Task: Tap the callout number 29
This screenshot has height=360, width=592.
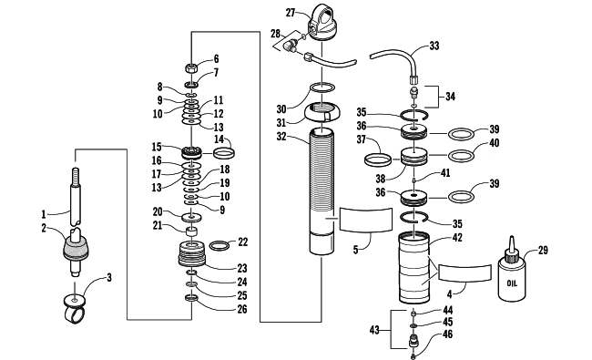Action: pos(543,250)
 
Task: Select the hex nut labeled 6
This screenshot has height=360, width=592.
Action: pos(191,68)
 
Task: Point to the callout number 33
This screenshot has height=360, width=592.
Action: pos(434,46)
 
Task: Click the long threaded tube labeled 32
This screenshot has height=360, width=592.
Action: pos(322,190)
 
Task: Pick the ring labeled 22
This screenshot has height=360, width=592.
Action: pos(219,245)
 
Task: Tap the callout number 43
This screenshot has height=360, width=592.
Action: pos(374,330)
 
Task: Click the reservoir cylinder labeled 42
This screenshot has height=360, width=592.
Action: pos(414,267)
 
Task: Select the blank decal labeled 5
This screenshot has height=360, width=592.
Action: pos(366,219)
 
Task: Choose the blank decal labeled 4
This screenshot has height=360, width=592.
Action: pos(464,273)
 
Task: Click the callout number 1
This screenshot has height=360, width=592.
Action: pos(44,214)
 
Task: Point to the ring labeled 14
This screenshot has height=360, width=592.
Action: pos(224,153)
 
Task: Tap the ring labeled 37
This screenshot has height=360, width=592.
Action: pos(378,159)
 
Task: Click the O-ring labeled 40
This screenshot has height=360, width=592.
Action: pos(461,155)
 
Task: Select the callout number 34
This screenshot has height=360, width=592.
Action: pos(450,97)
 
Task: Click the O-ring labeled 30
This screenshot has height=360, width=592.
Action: pos(322,87)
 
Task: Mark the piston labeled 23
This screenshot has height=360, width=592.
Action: pos(192,254)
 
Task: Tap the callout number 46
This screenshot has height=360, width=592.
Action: pos(447,334)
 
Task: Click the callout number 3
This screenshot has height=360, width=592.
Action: pos(109,278)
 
